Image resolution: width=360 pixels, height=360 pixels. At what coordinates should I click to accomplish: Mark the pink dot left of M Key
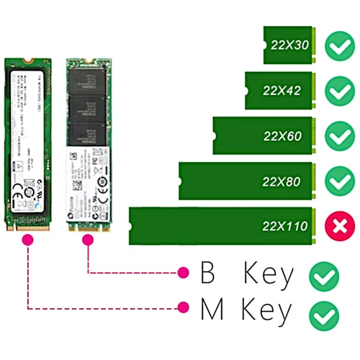(183, 308)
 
